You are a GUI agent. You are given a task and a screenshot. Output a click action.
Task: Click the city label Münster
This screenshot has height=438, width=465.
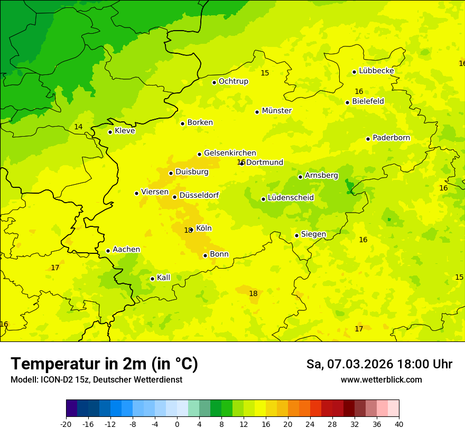click(x=276, y=111)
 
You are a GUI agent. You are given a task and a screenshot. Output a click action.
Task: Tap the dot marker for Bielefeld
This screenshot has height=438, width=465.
click(x=347, y=102)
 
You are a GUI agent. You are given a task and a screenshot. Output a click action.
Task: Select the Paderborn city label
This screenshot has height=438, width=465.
click(x=391, y=138)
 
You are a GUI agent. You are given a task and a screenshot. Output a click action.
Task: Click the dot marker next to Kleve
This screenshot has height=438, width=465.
click(x=110, y=132)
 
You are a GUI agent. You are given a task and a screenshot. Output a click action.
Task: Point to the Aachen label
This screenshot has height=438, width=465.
click(x=126, y=250)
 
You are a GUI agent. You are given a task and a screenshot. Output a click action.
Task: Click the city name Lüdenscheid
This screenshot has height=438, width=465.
click(x=291, y=198)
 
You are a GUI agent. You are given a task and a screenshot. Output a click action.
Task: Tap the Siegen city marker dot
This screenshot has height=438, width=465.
click(x=296, y=235)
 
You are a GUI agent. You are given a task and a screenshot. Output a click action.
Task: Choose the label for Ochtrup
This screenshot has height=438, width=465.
click(x=233, y=81)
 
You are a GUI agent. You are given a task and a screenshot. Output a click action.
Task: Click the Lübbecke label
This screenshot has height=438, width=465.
click(x=376, y=71)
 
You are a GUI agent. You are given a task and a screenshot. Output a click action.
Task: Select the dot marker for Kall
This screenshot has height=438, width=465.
click(x=152, y=279)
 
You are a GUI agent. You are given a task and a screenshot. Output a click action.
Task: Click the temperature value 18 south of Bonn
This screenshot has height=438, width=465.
click(x=253, y=293)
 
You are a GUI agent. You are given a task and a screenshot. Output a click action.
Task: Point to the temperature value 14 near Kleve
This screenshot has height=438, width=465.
click(x=78, y=127)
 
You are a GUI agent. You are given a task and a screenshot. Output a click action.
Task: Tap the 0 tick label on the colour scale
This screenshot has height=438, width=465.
click(x=177, y=424)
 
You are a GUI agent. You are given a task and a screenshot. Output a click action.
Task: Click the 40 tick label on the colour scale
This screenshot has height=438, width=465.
click(x=399, y=424)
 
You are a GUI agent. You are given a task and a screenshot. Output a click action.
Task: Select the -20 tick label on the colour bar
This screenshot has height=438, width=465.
click(x=66, y=424)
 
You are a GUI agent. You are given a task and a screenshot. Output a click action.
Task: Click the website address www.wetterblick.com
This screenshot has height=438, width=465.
click(x=381, y=380)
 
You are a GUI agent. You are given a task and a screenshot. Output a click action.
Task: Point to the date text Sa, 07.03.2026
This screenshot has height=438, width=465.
click(x=349, y=364)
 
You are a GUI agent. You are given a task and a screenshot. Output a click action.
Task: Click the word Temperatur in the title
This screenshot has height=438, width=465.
click(x=53, y=364)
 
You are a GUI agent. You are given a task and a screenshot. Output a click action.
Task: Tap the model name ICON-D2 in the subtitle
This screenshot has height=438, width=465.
click(x=54, y=380)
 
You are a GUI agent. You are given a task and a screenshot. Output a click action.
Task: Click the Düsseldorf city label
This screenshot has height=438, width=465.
click(x=199, y=195)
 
